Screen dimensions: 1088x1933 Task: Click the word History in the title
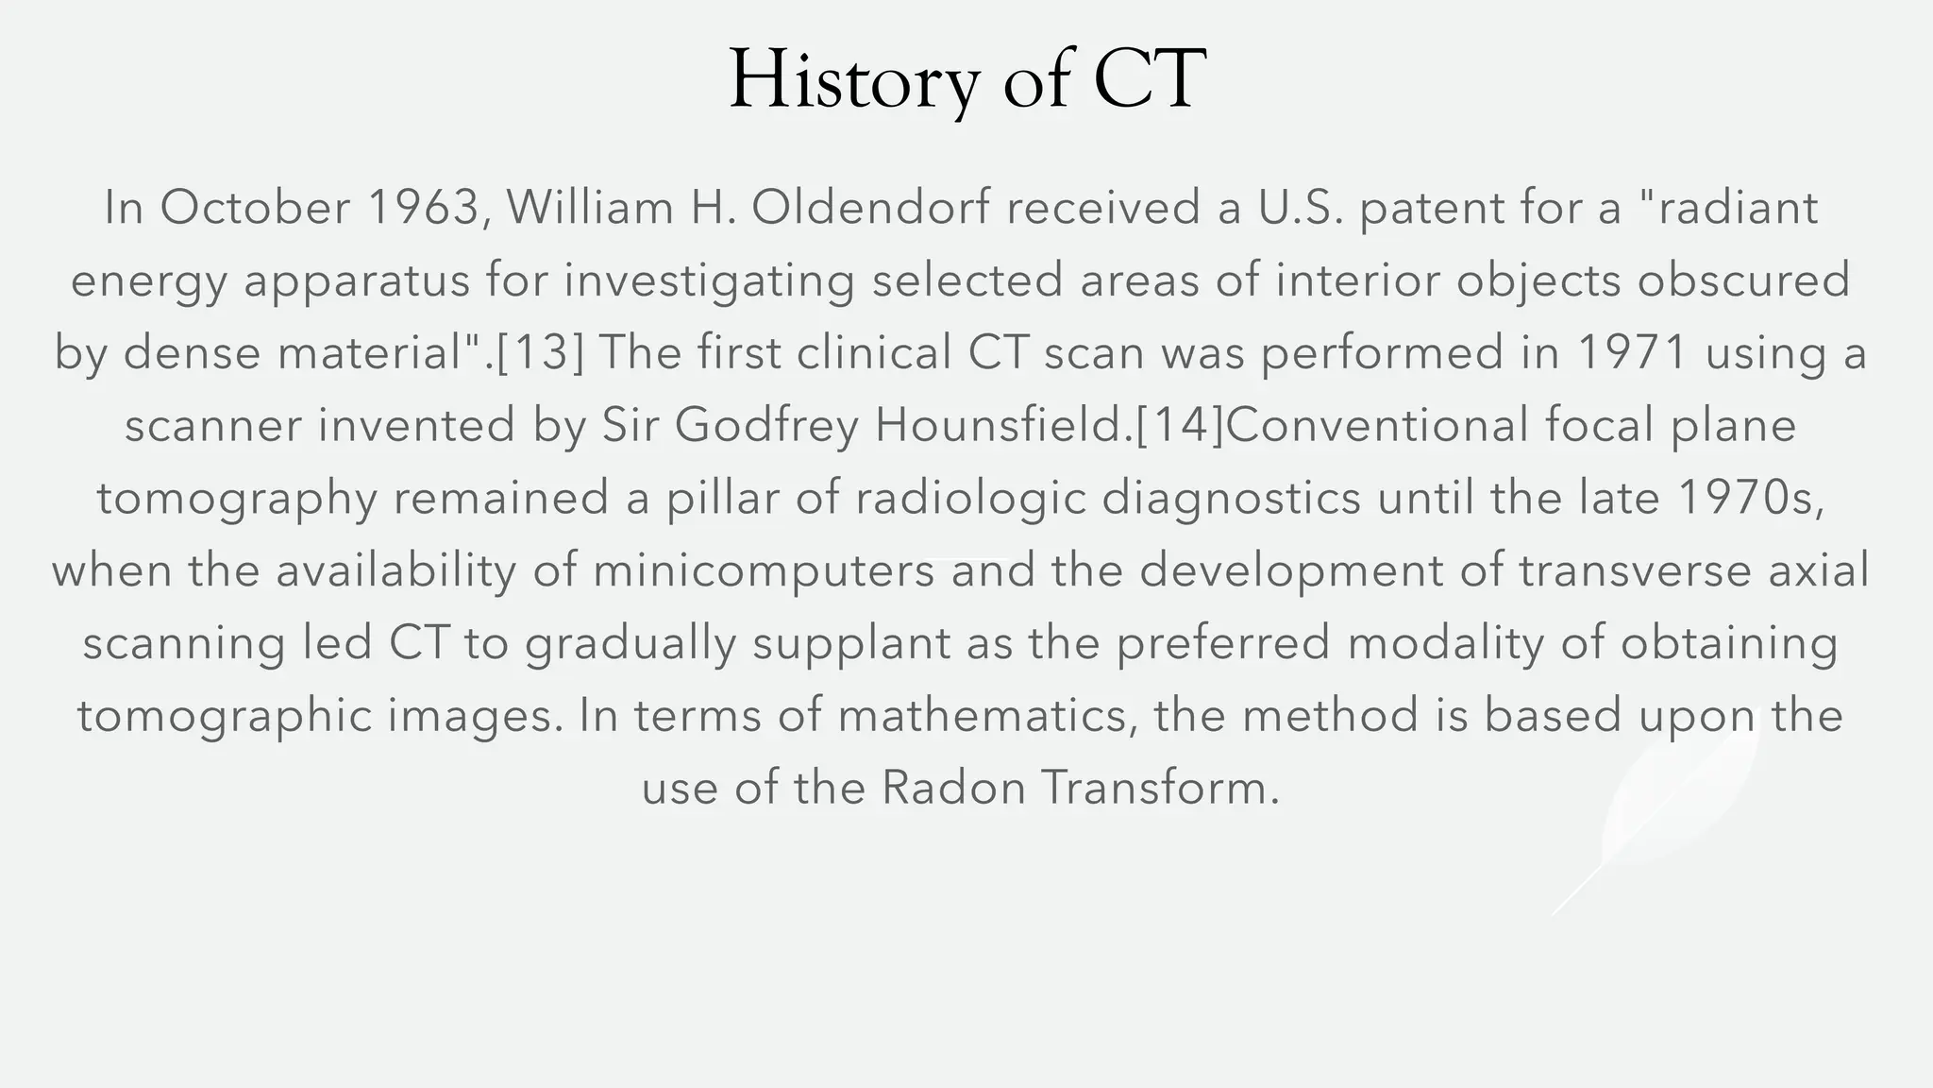click(853, 80)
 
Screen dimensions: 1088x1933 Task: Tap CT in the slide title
click(1150, 80)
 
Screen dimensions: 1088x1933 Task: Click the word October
click(255, 208)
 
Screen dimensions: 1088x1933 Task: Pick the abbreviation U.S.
click(1301, 208)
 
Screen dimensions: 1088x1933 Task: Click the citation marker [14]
click(1179, 426)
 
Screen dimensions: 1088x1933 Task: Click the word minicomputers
click(764, 571)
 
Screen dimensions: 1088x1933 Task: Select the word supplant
click(851, 644)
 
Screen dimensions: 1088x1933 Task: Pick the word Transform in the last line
click(1160, 789)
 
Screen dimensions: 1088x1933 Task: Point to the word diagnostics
click(1231, 499)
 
